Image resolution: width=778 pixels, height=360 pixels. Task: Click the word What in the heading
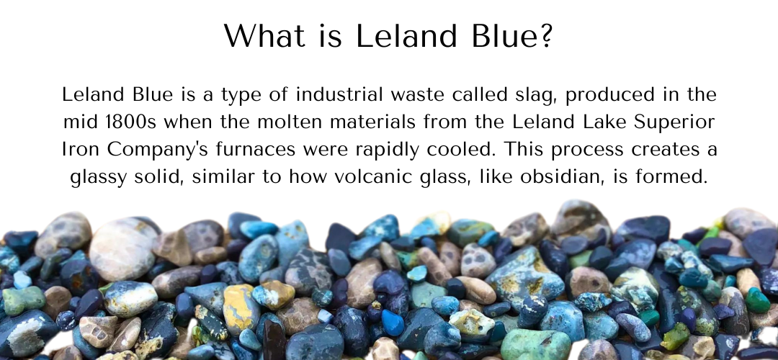264,36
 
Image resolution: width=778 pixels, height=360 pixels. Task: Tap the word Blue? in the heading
512,36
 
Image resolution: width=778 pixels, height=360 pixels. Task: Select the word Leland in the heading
406,36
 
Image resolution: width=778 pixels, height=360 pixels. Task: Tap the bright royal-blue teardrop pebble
393,323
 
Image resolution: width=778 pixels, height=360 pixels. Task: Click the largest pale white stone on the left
122,248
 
